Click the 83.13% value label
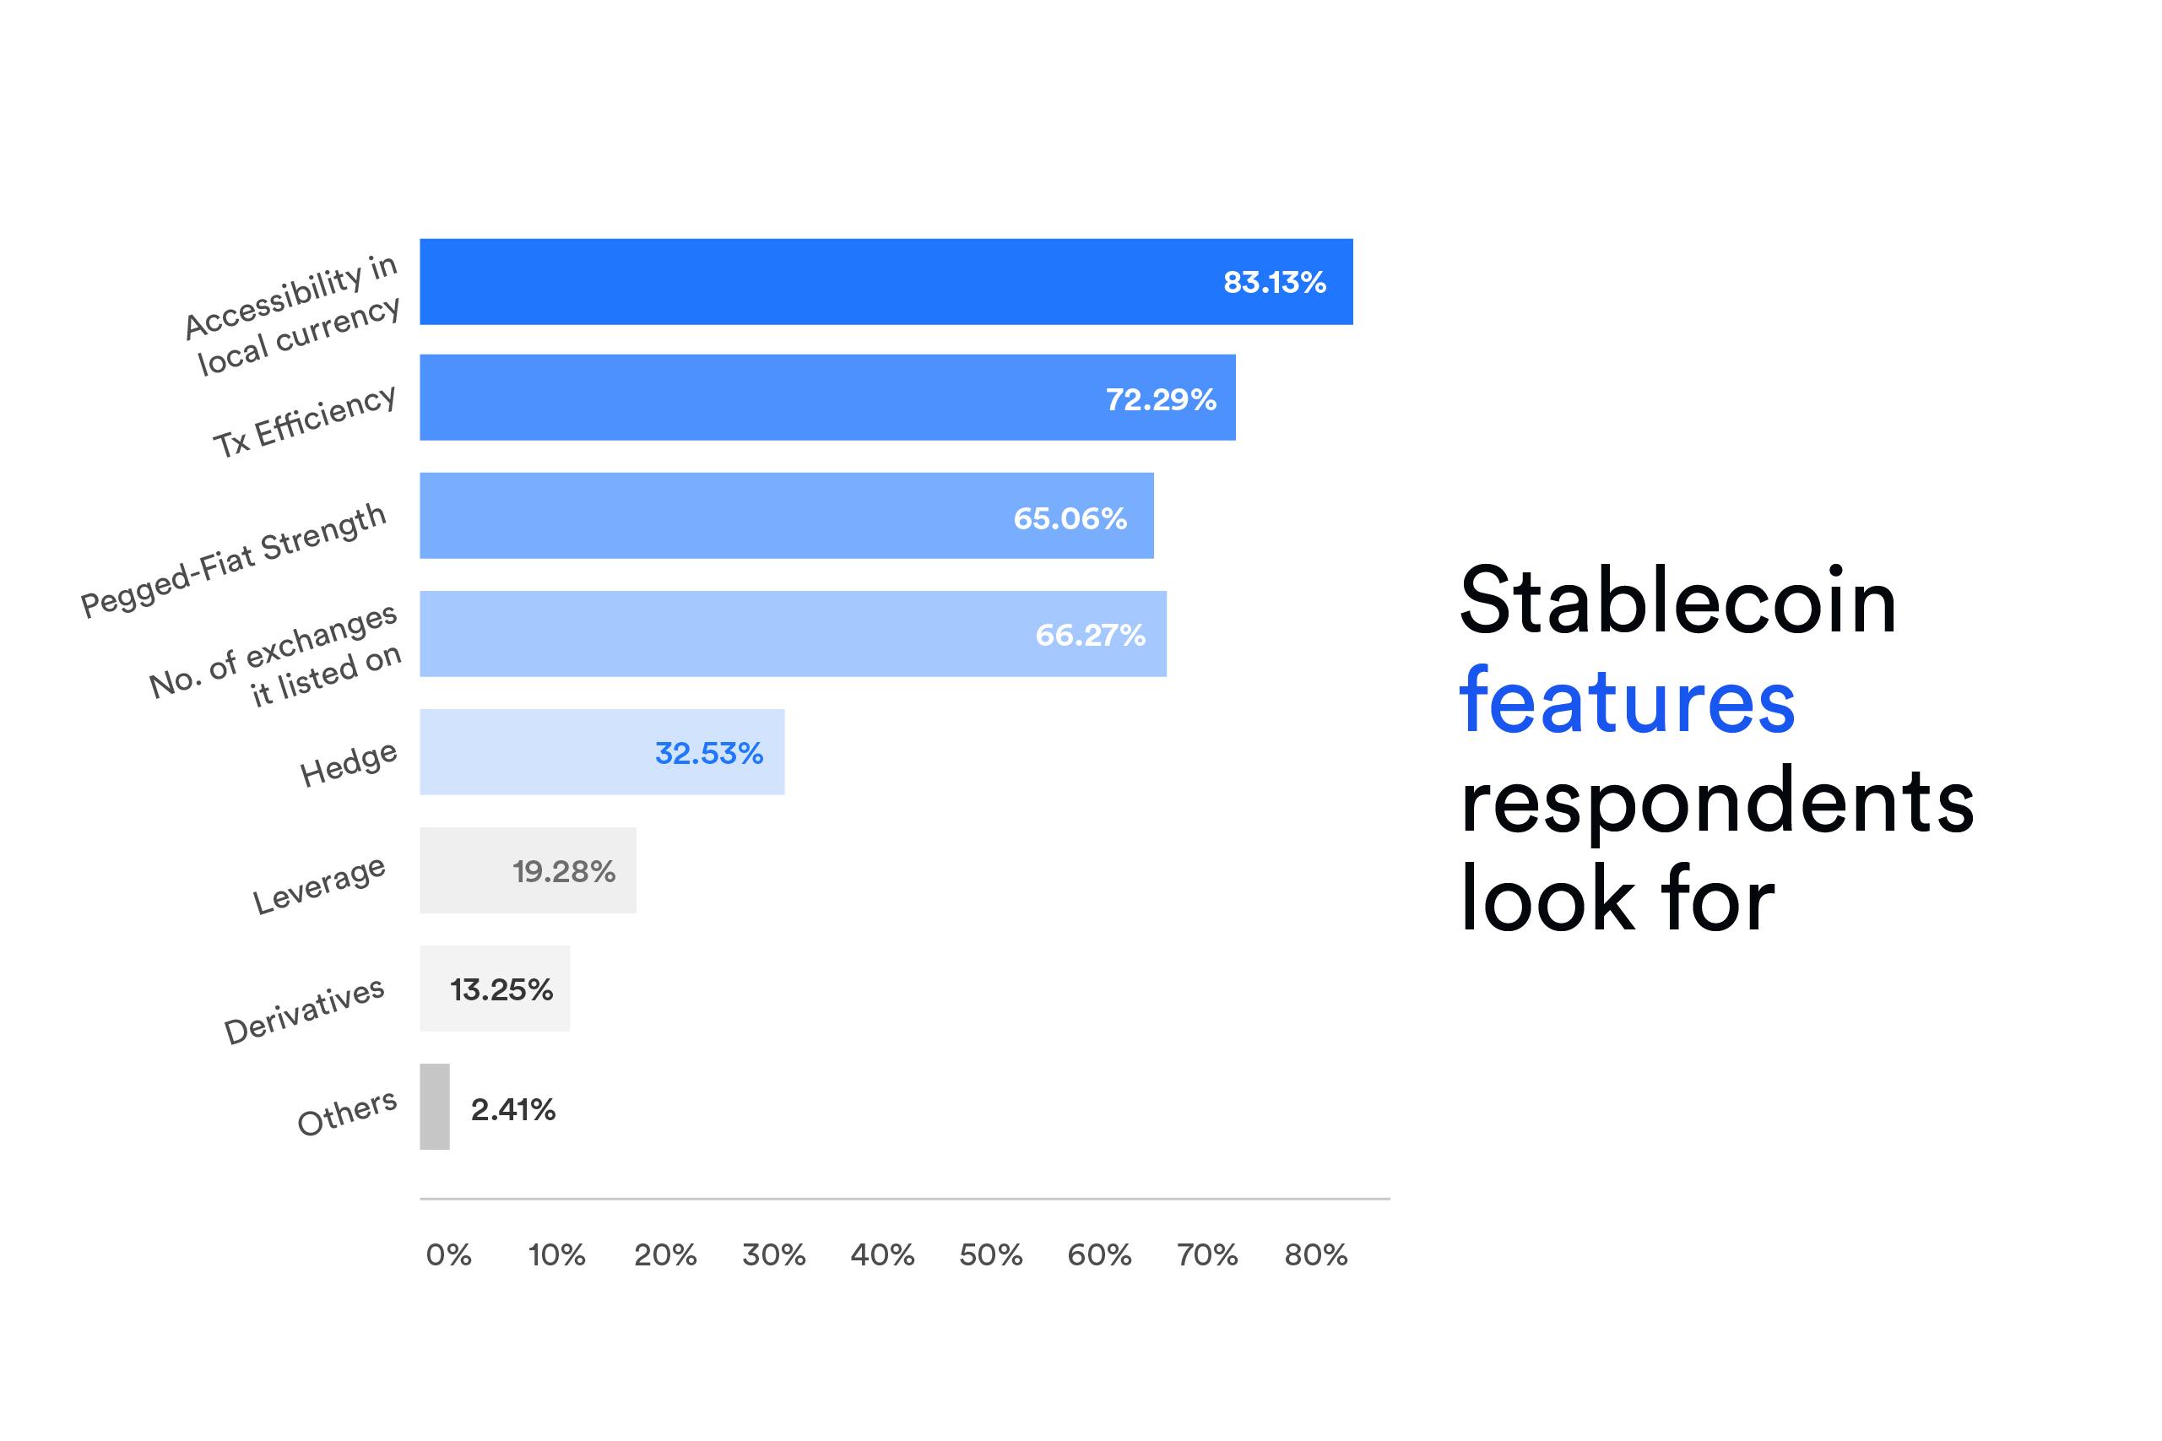[x=1275, y=282]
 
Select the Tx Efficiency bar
[x=827, y=397]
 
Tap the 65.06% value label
[x=1070, y=518]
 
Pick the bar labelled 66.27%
[x=793, y=634]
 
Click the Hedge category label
[x=349, y=763]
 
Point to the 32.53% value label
[x=708, y=754]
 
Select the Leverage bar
[x=528, y=870]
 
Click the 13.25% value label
[x=501, y=989]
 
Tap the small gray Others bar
[x=435, y=1107]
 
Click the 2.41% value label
[x=512, y=1110]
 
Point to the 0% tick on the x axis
[x=448, y=1254]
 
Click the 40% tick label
[x=882, y=1254]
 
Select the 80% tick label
[x=1316, y=1254]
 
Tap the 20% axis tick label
[x=665, y=1254]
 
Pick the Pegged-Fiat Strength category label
[x=233, y=559]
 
